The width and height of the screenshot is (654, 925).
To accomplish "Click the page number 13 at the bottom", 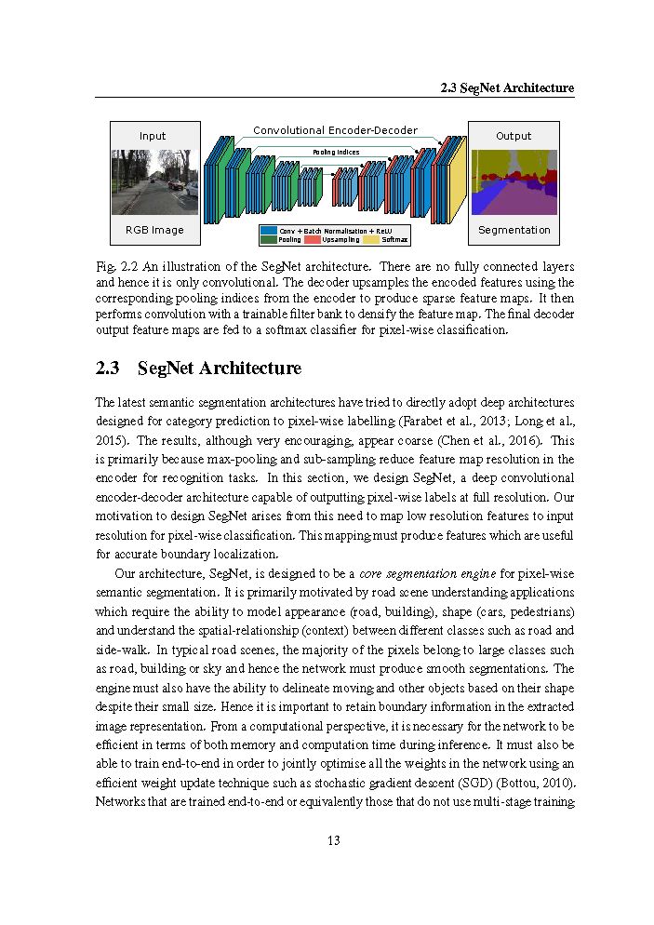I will tap(334, 841).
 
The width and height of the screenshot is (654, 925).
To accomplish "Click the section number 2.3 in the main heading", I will tap(108, 369).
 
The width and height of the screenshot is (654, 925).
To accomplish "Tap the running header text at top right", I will tap(507, 88).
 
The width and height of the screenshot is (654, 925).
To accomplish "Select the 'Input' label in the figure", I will tap(153, 136).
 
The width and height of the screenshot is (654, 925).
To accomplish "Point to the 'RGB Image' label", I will tap(154, 230).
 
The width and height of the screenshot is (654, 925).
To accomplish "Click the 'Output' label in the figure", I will tap(514, 136).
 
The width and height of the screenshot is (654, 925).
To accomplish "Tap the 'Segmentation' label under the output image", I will tap(514, 230).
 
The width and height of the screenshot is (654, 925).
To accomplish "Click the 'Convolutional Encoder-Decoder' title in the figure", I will tap(335, 131).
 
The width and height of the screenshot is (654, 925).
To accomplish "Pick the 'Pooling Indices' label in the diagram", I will tap(336, 152).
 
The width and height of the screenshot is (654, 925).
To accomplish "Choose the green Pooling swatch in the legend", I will tap(269, 240).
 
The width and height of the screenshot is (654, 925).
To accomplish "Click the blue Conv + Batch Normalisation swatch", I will tap(269, 231).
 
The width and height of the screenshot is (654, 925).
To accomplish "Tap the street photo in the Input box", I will tap(154, 183).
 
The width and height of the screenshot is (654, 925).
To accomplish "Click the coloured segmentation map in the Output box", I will tap(514, 183).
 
